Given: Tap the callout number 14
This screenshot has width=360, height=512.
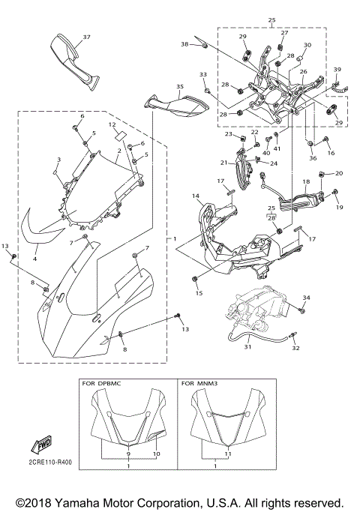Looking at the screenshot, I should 195,196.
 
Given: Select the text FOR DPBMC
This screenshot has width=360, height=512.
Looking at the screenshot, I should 103,383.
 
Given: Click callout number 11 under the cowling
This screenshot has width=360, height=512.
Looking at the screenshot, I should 228,455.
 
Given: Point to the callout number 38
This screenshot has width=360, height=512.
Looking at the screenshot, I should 184,44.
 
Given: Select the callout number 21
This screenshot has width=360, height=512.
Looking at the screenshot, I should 223,163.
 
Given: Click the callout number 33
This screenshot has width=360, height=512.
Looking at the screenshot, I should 202,75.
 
